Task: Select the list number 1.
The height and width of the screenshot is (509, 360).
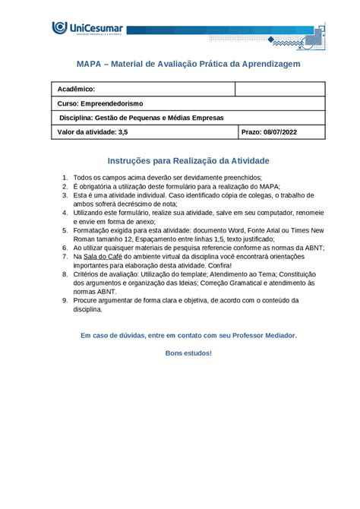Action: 65,177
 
